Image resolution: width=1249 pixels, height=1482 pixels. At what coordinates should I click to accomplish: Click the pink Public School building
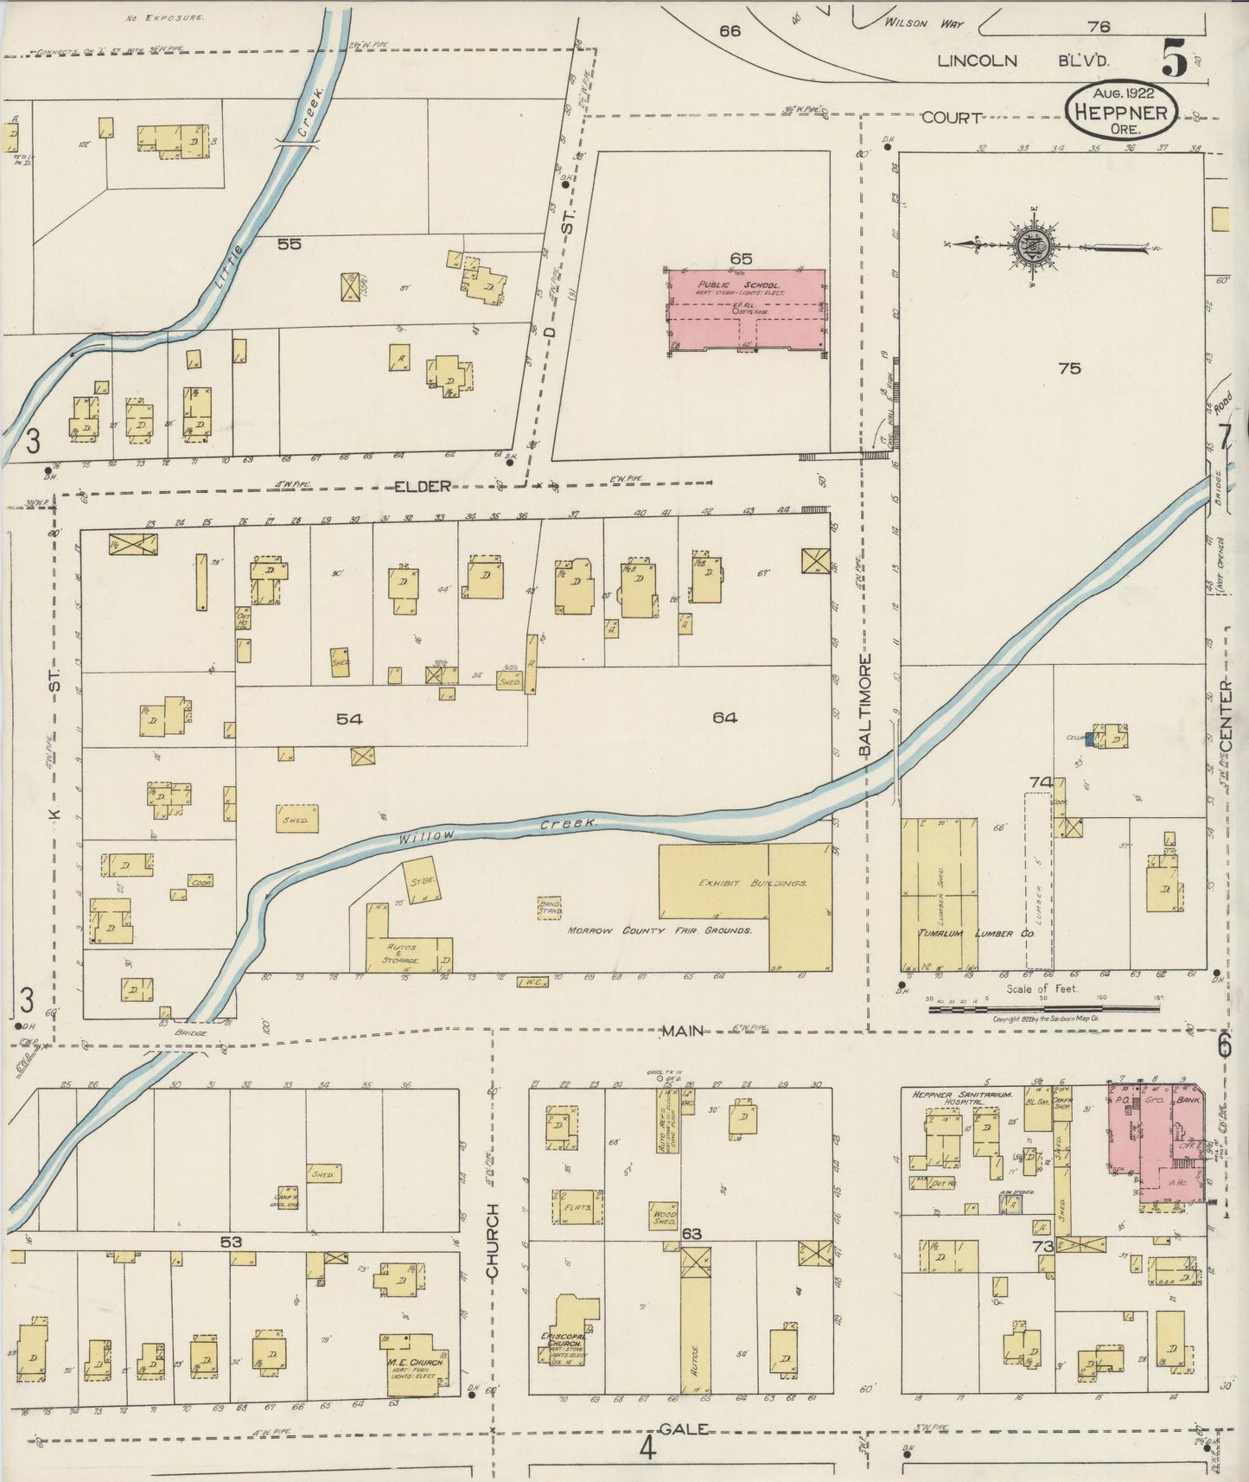pyautogui.click(x=745, y=310)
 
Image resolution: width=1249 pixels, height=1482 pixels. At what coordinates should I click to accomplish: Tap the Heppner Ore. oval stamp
pyautogui.click(x=1120, y=111)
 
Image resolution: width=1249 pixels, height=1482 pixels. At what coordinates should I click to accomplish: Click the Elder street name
pyautogui.click(x=423, y=487)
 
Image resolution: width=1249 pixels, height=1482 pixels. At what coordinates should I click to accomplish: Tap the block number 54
pyautogui.click(x=349, y=719)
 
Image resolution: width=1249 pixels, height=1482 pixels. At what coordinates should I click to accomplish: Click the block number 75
pyautogui.click(x=1069, y=368)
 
